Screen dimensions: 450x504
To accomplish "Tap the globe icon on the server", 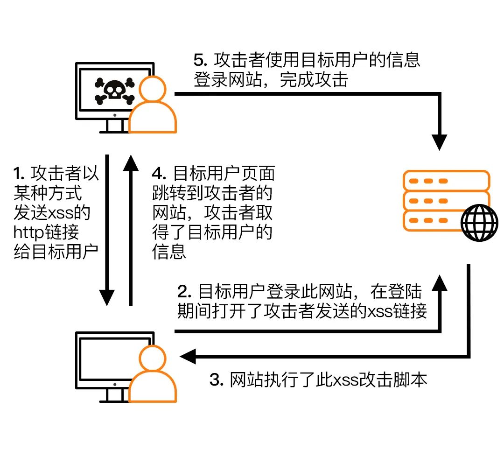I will (479, 224).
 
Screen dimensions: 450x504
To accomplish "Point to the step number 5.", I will (199, 60).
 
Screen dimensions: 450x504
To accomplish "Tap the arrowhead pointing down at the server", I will (439, 141).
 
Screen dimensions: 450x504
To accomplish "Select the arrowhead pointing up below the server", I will (439, 281).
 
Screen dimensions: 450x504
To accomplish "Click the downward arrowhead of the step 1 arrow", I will (107, 296).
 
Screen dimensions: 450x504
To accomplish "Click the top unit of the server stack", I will (446, 180).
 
